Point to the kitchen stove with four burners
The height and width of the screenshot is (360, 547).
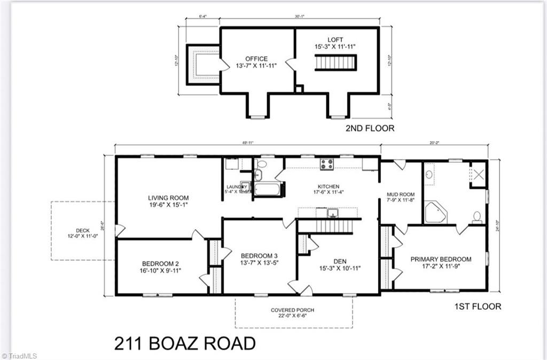click(x=326, y=164)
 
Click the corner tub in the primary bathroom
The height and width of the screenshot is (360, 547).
click(x=435, y=212)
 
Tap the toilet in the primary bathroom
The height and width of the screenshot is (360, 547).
click(x=476, y=217)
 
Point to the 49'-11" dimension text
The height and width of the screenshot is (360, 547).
click(x=247, y=143)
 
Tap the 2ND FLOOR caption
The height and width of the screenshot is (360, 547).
click(x=370, y=128)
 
